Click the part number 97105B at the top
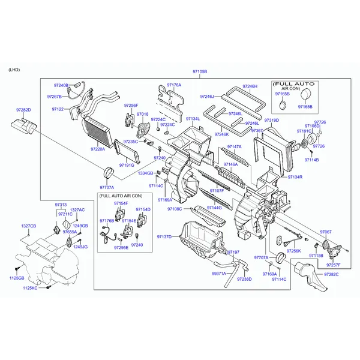(x=199, y=72)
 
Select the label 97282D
(x=23, y=110)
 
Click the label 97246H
(x=250, y=86)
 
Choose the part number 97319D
(x=272, y=121)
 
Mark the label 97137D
(x=164, y=236)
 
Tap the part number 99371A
(x=220, y=273)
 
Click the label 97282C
(x=331, y=274)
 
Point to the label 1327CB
(x=29, y=226)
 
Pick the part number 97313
(x=61, y=205)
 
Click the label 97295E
(x=120, y=247)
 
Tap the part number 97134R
(x=295, y=177)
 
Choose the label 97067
(x=325, y=232)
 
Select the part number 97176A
(x=174, y=85)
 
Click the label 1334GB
(x=145, y=173)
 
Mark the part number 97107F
(x=216, y=191)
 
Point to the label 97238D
(x=244, y=279)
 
